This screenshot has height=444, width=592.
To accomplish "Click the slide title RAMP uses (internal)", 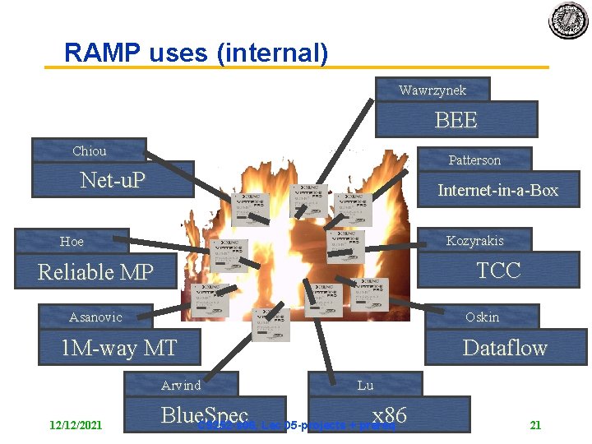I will (x=196, y=53).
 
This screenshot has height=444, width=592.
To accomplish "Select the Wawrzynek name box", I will (x=432, y=89).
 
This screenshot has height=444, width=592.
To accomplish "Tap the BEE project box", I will (x=456, y=120).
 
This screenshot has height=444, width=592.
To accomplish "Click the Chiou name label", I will (x=89, y=150).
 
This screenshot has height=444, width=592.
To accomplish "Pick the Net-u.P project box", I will (x=113, y=179).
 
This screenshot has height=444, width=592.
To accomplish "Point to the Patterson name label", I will (x=474, y=160).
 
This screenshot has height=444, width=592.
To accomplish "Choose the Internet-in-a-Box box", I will (x=497, y=190).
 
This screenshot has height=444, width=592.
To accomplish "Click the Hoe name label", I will (x=72, y=241).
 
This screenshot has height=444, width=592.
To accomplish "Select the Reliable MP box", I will (x=95, y=272).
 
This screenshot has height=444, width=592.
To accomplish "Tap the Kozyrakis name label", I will (x=474, y=240).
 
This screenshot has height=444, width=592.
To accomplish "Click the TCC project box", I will (x=498, y=271).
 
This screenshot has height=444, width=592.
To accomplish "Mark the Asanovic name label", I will (x=95, y=317).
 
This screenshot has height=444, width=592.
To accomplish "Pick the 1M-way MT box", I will (x=119, y=348).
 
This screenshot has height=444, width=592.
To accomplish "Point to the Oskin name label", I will (x=482, y=317).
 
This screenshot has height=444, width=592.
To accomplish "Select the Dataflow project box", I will (x=504, y=347).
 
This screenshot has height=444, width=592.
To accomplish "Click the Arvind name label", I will (x=181, y=384).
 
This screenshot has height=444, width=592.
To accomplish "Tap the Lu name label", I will (x=365, y=384).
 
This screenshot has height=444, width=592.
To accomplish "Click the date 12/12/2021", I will (x=76, y=425).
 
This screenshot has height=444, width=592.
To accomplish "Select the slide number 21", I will (x=535, y=425).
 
